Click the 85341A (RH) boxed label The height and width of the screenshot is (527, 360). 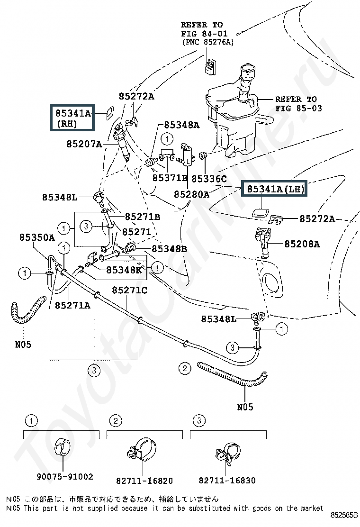pos(73,118)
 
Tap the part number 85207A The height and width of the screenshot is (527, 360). pos(84,143)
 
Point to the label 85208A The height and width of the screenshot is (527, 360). pos(302,244)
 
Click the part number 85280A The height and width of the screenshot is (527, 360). pos(191,194)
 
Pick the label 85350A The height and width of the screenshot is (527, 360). pos(37,237)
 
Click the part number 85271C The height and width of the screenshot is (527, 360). pos(129,290)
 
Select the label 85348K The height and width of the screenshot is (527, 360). pos(124,270)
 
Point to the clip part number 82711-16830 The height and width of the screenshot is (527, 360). pos(227,481)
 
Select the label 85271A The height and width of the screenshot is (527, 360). pos(72,305)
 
